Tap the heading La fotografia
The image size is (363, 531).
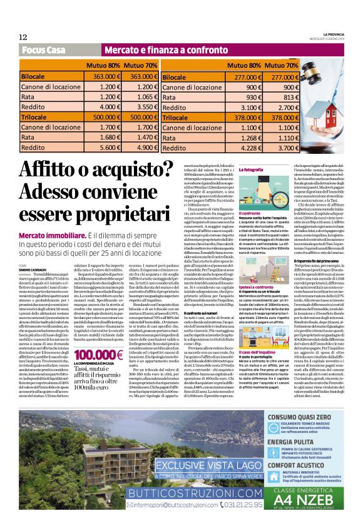(x=252, y=169)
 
